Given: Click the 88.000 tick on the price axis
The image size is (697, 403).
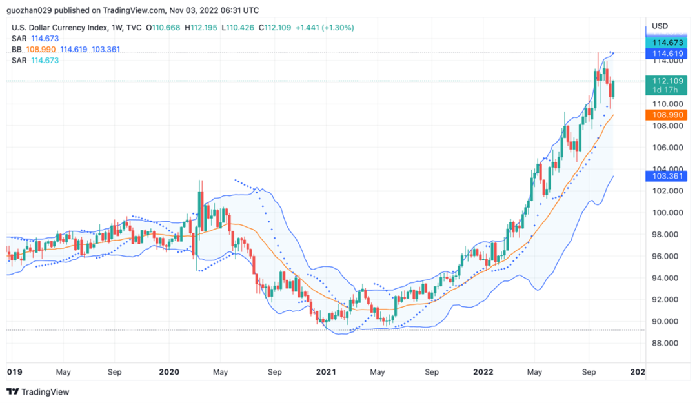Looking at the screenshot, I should (x=667, y=343).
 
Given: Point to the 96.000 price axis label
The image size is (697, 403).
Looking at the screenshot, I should (x=667, y=256).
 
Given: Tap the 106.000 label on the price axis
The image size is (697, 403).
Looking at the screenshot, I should (x=667, y=147).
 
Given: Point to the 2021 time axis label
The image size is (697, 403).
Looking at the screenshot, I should (x=326, y=372).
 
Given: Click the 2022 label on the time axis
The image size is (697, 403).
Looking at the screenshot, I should (x=483, y=372).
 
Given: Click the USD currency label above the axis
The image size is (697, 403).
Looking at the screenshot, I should (x=660, y=26).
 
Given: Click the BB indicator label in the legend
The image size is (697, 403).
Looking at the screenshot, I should (x=17, y=50).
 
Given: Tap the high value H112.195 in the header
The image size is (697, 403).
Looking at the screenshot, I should (x=201, y=28).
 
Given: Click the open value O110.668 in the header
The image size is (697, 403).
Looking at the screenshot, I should (x=163, y=28).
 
